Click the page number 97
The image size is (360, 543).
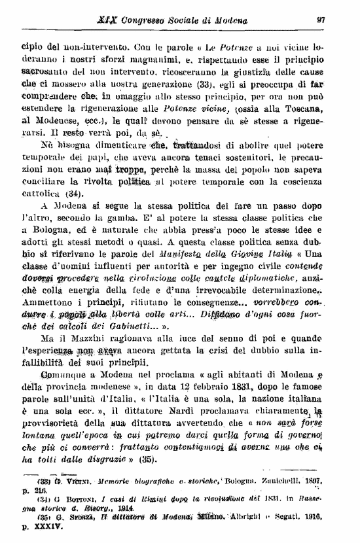(x=321, y=20)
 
